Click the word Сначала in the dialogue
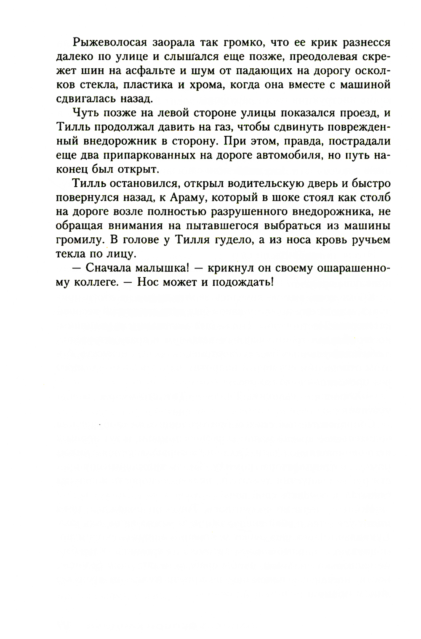[x=111, y=268]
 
